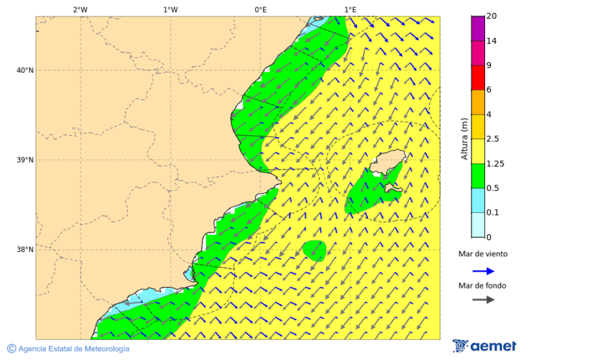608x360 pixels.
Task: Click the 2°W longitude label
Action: pos(80,9)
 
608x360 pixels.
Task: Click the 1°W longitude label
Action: pos(170,9)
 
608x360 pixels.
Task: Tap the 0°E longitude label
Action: pos(260,9)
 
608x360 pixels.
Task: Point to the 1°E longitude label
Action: pos(350,9)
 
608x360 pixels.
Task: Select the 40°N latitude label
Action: pos(24,70)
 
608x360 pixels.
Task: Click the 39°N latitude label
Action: pos(24,160)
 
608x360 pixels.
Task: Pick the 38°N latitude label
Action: pos(24,250)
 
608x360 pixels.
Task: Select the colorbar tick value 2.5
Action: pos(493,139)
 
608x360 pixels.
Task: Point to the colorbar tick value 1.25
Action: pos(495,163)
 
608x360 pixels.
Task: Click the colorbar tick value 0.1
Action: pos(493,213)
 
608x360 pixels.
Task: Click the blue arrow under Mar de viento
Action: pos(483,271)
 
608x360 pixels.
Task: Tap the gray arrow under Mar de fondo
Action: pos(483,300)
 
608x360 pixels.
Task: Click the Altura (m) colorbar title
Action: pos(464,139)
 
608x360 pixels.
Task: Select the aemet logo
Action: pos(484,346)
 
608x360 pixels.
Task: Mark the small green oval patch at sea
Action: pos(315,250)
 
